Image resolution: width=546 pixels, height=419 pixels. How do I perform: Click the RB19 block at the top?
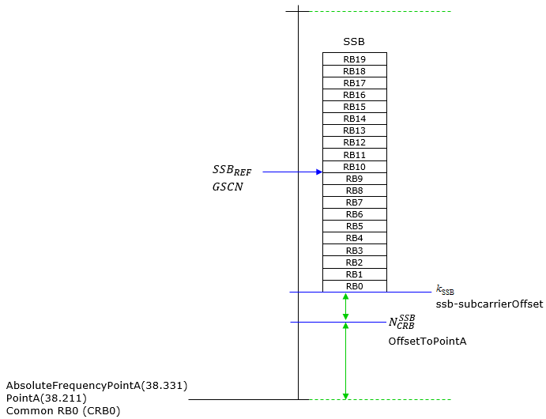click(355, 59)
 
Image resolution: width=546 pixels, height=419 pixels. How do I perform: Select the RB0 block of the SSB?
click(355, 286)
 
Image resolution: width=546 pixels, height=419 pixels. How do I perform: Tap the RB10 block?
click(355, 167)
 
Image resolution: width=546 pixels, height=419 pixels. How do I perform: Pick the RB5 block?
click(355, 226)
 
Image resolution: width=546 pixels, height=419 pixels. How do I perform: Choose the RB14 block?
click(355, 119)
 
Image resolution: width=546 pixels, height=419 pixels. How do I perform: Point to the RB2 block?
click(355, 262)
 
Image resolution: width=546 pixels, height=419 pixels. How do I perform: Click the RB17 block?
click(355, 83)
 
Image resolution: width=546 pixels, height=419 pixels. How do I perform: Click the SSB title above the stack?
click(354, 41)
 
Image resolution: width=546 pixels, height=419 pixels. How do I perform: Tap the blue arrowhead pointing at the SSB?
click(319, 172)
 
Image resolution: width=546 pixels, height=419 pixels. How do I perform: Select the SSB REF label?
click(232, 170)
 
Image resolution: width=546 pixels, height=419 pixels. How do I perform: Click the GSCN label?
click(228, 187)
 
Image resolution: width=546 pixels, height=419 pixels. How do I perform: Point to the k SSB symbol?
click(445, 290)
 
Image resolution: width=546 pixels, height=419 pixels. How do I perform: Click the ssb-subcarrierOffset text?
click(489, 304)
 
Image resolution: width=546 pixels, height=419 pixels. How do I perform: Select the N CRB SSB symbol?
click(402, 322)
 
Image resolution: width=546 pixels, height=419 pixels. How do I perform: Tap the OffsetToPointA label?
click(427, 341)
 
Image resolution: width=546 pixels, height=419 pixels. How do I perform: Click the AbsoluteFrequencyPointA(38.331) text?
click(97, 386)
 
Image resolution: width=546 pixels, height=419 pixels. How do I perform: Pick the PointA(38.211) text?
click(47, 398)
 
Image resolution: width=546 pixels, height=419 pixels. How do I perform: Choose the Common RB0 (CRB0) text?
click(63, 411)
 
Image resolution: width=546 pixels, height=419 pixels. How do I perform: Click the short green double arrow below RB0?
click(345, 307)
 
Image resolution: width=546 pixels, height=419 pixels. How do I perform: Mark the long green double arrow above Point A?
click(345, 360)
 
